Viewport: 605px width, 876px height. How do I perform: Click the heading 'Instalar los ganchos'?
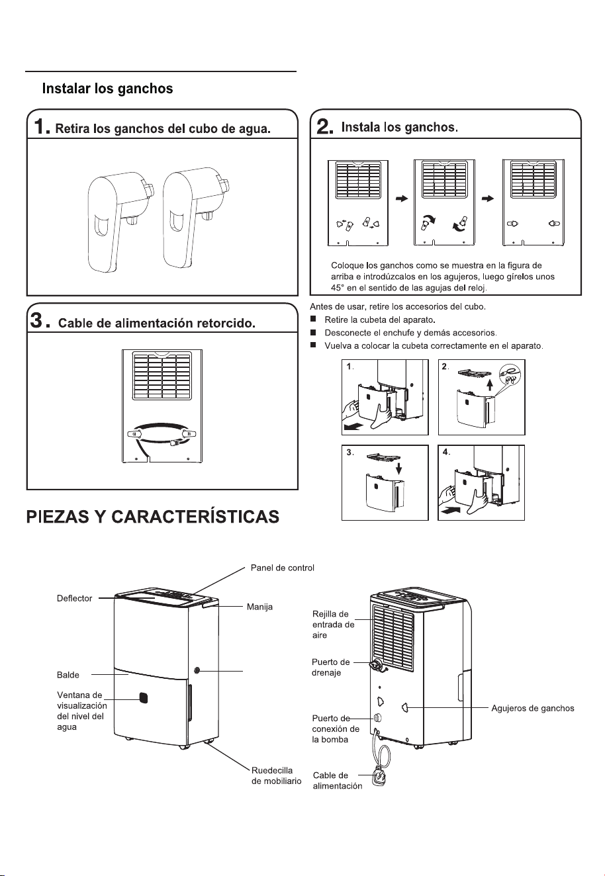point(107,89)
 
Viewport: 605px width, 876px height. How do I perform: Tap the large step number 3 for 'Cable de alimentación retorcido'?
point(36,321)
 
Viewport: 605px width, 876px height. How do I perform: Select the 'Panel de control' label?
point(282,568)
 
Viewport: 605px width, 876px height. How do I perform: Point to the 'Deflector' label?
point(74,598)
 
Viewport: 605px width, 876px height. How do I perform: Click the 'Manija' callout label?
point(259,607)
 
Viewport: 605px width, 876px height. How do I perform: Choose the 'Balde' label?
point(68,675)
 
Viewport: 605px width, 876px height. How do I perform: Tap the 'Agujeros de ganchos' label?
point(533,708)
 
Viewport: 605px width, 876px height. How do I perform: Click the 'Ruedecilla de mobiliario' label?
point(276,775)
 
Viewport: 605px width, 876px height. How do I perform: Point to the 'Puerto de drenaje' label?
point(331,667)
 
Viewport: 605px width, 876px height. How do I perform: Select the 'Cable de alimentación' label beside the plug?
point(338,781)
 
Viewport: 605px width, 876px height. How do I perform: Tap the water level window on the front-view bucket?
point(144,698)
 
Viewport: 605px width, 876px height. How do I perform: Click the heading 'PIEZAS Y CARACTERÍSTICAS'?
point(153,517)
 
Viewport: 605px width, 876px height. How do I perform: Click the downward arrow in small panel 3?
point(398,468)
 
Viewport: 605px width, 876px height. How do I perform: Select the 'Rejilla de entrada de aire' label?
point(334,625)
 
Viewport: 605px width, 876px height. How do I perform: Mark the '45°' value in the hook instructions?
point(338,288)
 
